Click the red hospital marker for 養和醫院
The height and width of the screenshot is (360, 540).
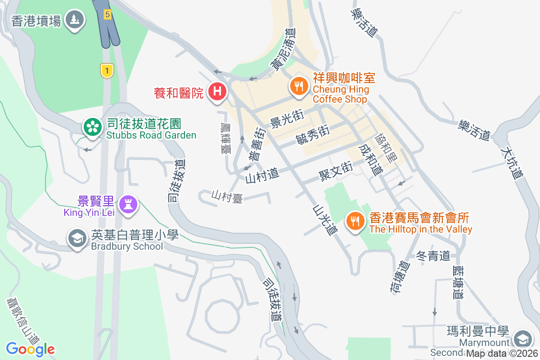(x=217, y=92)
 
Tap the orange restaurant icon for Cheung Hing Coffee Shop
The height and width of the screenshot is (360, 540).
(x=298, y=85)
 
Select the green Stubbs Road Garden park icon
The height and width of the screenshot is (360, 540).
(x=92, y=127)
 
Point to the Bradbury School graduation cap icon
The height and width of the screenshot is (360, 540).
(x=77, y=238)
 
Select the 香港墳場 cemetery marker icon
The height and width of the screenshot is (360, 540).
(x=75, y=20)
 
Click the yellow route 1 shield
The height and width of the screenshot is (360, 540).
(x=107, y=71)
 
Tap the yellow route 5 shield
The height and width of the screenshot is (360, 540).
(x=107, y=14)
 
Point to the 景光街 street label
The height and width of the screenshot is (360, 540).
(x=287, y=118)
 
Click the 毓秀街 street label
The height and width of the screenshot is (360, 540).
(x=313, y=134)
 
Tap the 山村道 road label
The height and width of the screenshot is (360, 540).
(x=262, y=175)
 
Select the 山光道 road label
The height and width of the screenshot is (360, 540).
(x=325, y=220)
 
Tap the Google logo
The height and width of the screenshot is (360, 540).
(x=30, y=349)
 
